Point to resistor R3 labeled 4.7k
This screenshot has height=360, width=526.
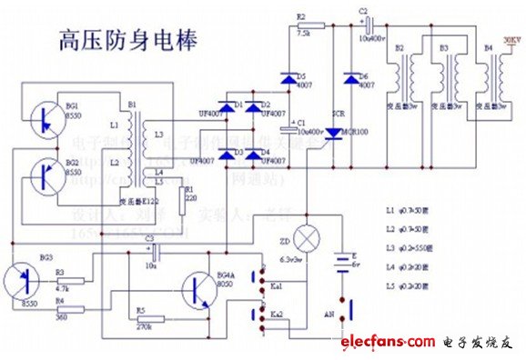(x=82, y=281)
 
